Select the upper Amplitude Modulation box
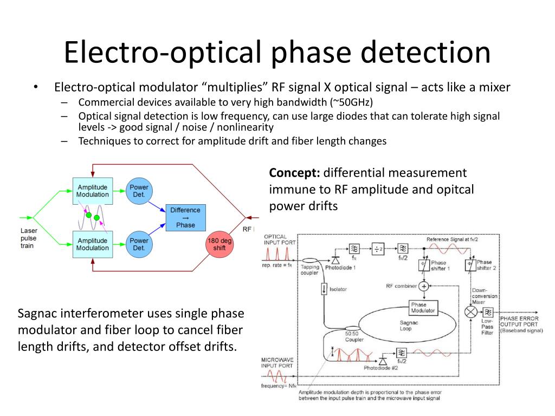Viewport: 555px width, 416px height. tap(92, 191)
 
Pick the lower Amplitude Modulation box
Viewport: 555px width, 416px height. tap(92, 244)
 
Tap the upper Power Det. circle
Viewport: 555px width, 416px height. tap(139, 191)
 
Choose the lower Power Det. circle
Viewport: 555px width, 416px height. tap(139, 244)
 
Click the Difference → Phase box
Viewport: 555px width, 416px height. tap(185, 217)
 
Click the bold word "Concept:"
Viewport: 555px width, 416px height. tap(295, 173)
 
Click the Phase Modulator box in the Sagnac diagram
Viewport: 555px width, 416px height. tap(423, 307)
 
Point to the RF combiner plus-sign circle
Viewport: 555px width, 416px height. tap(424, 285)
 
